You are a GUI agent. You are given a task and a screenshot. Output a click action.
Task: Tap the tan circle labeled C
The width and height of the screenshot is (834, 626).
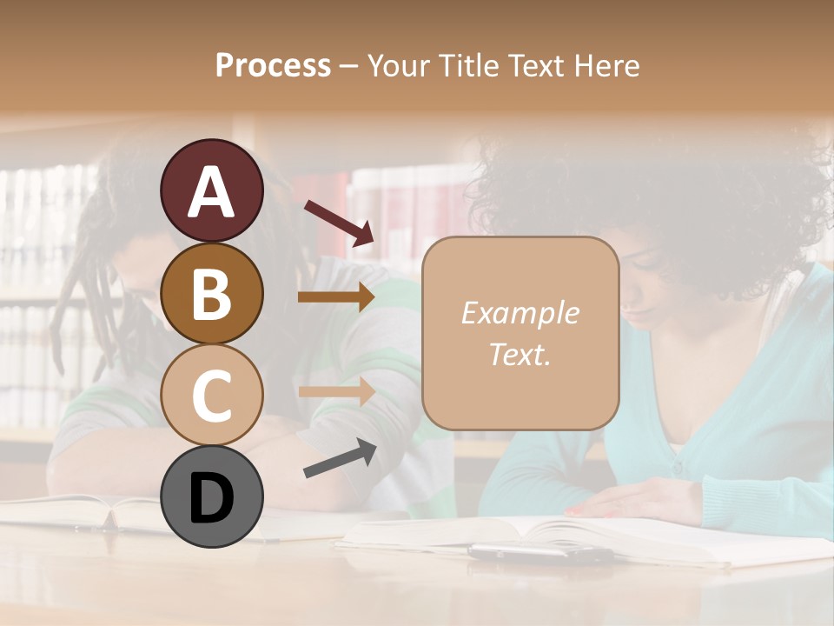click(x=212, y=396)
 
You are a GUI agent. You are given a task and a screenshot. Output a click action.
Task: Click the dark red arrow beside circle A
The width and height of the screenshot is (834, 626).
click(x=339, y=223)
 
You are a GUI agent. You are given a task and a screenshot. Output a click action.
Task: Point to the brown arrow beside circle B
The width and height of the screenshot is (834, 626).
click(x=336, y=297)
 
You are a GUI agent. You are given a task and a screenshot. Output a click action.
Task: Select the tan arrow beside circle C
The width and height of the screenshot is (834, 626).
click(x=336, y=391)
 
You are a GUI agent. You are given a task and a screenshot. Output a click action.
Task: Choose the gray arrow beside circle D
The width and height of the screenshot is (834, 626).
click(x=340, y=459)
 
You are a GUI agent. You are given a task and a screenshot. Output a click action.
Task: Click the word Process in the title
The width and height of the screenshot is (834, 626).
click(x=273, y=66)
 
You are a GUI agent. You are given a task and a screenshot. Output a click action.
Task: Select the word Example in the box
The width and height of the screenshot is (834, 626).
click(x=520, y=313)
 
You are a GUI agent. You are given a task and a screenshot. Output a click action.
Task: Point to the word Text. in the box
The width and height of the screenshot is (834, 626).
click(x=520, y=355)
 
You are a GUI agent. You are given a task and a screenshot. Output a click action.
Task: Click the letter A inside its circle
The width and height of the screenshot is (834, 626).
click(x=212, y=191)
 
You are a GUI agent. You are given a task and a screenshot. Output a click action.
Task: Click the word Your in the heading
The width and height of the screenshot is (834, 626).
click(x=397, y=66)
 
